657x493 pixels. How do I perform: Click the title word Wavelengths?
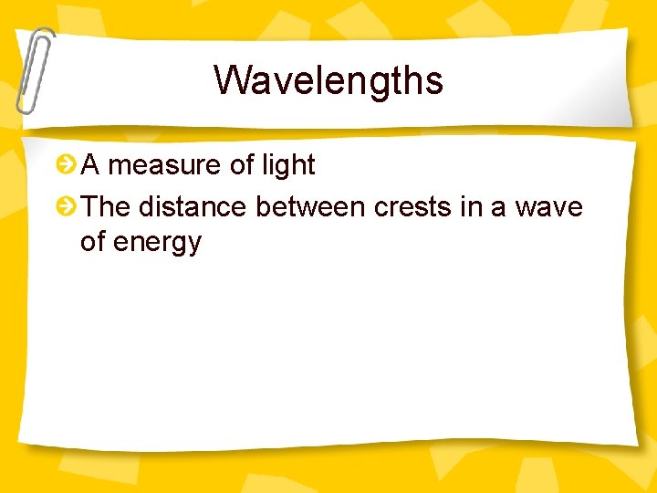(328, 80)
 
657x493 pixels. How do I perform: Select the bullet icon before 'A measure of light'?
(66, 165)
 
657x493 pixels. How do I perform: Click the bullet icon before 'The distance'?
(66, 207)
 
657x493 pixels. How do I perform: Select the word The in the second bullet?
(107, 207)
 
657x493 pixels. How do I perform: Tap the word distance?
(192, 207)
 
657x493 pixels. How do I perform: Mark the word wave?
(548, 207)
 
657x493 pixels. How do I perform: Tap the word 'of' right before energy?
(93, 242)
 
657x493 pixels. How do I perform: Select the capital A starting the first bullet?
(90, 165)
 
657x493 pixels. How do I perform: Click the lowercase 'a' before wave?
(498, 208)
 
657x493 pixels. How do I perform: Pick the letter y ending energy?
(193, 245)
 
